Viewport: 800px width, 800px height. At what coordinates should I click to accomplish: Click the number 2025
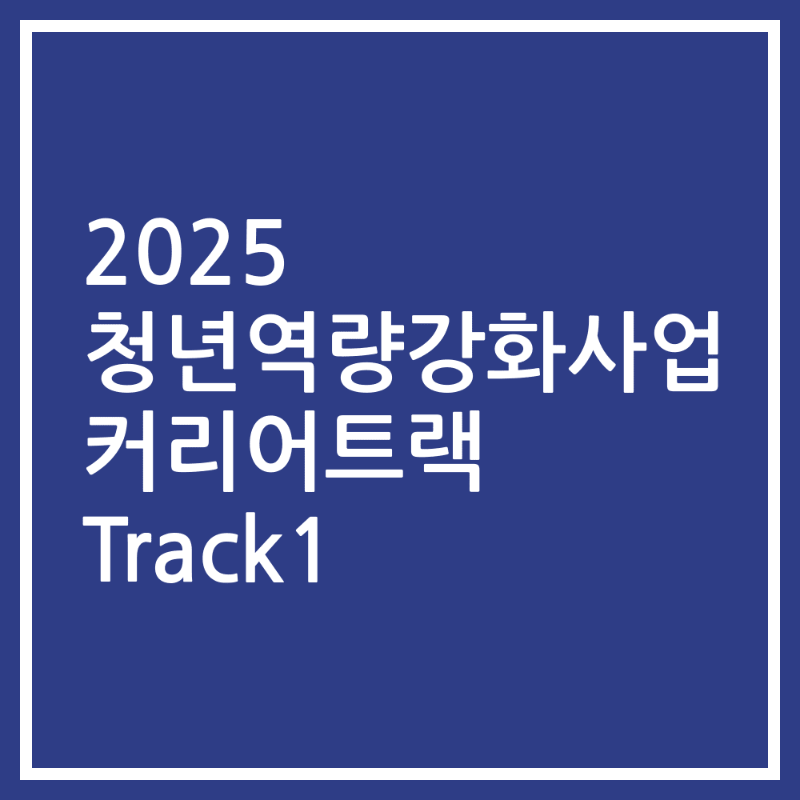click(x=185, y=255)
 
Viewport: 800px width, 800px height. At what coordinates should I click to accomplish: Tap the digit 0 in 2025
click(x=159, y=255)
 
